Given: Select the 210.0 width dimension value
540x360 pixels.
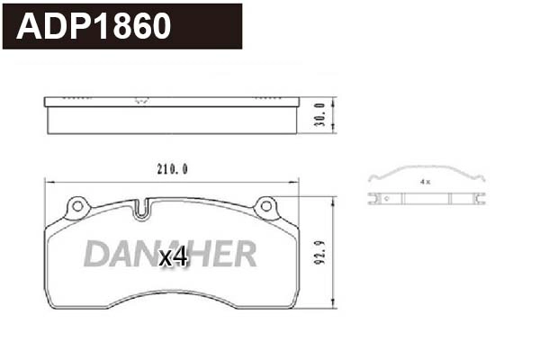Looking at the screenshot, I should click(171, 167).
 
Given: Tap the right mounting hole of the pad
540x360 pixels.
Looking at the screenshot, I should click(265, 208).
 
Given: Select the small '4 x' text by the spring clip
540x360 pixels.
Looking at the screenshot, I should click(425, 182).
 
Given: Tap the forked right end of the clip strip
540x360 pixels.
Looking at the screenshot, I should click(480, 199).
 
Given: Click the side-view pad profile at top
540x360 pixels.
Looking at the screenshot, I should click(171, 114).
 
